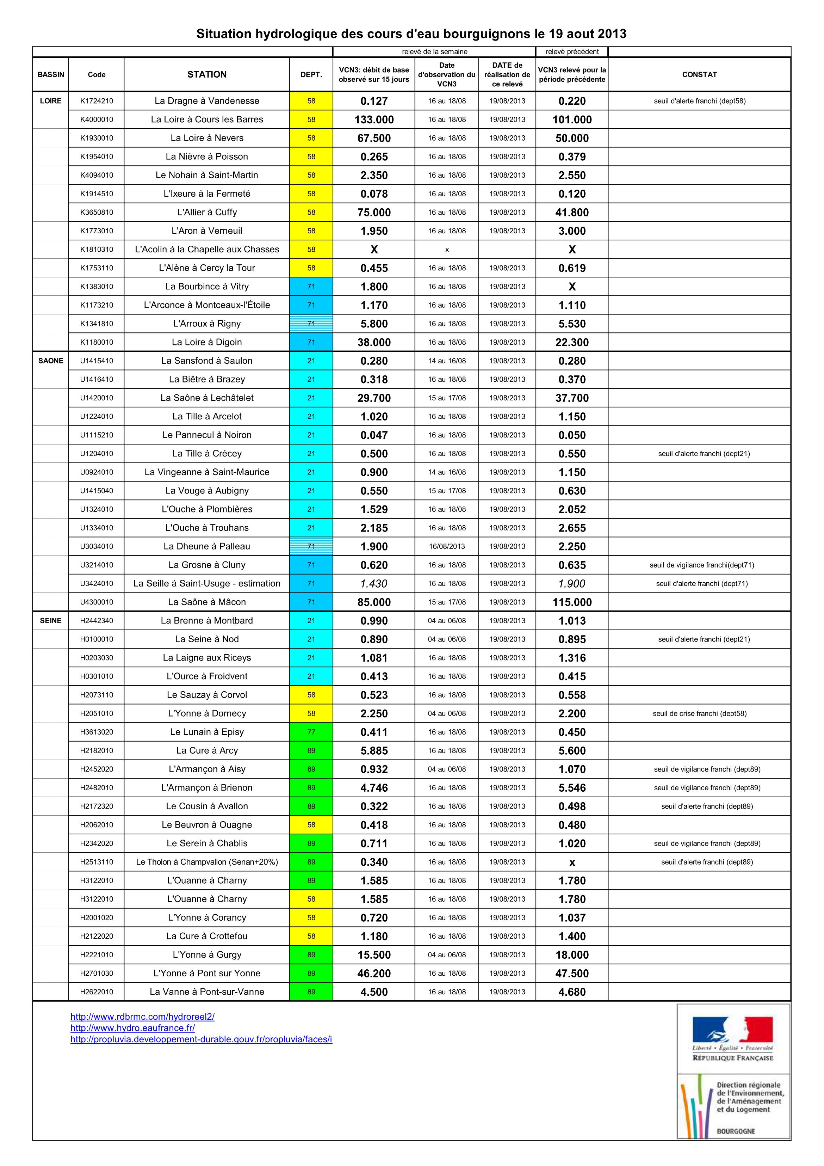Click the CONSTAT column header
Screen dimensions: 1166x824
(699, 75)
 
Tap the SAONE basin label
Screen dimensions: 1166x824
(51, 361)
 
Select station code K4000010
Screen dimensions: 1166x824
(97, 119)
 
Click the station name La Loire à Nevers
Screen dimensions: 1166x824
(207, 138)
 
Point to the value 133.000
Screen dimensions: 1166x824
(374, 120)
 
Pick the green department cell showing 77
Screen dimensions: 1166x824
(311, 732)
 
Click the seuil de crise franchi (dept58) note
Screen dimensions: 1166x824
(699, 713)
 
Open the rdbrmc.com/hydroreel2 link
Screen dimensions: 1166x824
(142, 1016)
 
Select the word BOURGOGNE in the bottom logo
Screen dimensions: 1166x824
(736, 1131)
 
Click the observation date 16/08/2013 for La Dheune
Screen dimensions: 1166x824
(447, 546)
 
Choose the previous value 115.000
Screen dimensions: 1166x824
(572, 602)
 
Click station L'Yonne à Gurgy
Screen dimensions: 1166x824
(207, 955)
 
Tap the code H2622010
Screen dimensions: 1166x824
(97, 992)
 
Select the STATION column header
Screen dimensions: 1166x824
(207, 75)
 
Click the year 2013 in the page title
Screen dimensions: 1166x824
(612, 34)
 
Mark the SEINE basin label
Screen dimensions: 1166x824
(51, 621)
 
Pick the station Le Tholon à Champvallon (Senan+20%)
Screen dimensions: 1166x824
(207, 862)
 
